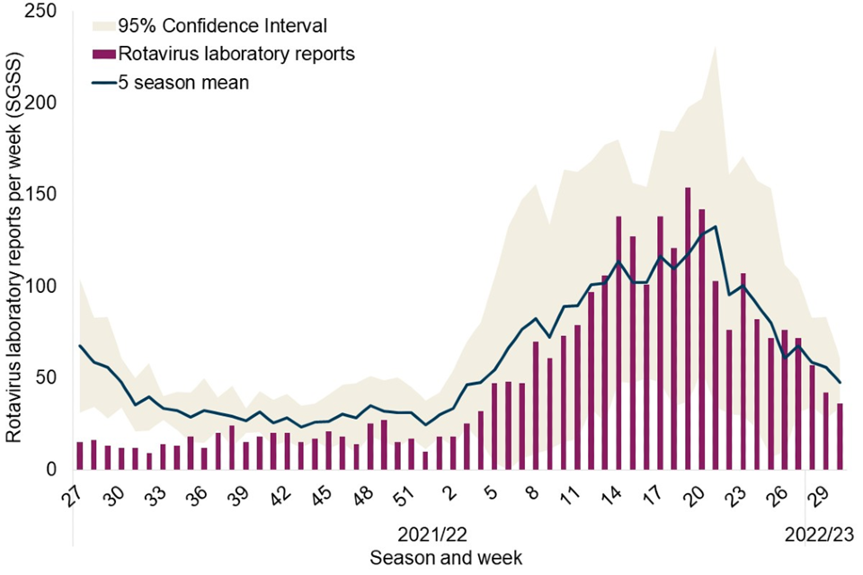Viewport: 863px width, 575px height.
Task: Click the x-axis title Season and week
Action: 446,557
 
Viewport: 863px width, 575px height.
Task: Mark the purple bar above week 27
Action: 80,456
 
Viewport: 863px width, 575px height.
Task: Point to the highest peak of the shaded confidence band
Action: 715,47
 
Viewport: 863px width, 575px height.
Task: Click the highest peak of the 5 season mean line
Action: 715,226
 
